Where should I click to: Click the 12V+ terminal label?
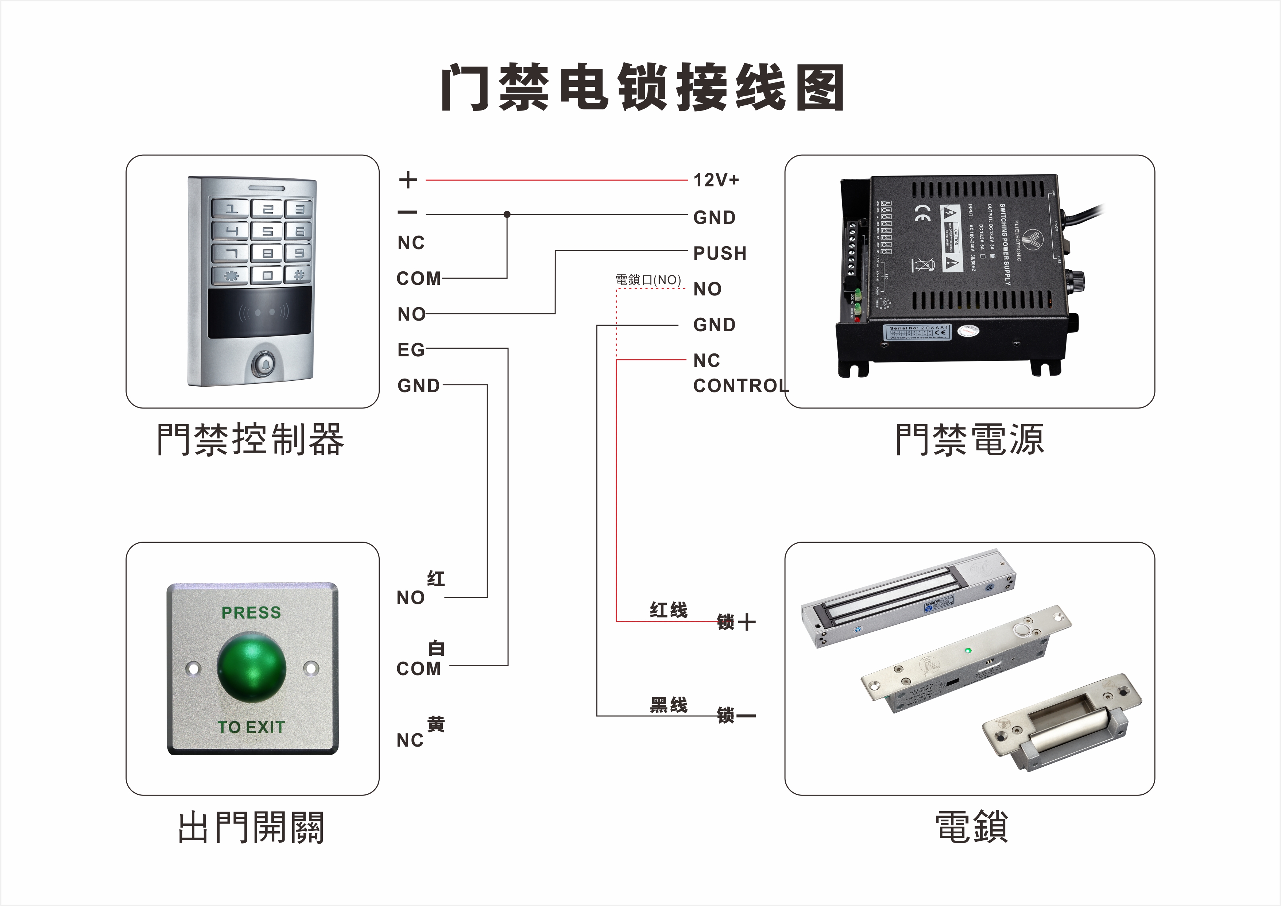point(716,180)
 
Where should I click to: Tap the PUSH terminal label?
point(719,253)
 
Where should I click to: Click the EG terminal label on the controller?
point(411,350)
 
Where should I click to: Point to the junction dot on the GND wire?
point(507,214)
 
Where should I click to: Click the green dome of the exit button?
point(252,667)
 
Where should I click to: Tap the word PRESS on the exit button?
point(251,612)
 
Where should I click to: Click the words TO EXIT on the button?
point(251,727)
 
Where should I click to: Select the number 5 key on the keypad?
point(267,231)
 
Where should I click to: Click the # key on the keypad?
point(298,275)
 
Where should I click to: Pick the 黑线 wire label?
point(668,705)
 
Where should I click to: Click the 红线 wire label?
point(668,610)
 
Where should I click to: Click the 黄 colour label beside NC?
point(436,724)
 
